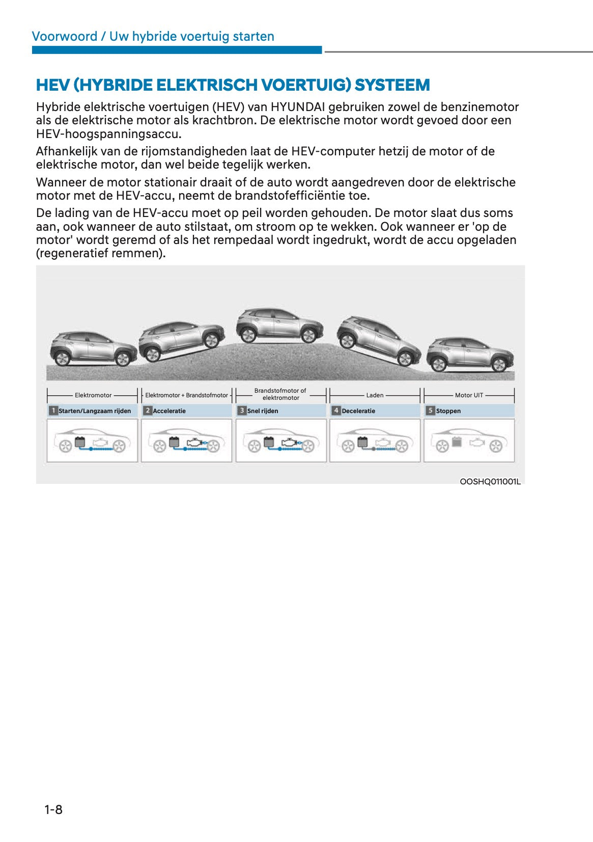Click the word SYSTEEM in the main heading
click(392, 85)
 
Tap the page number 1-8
click(53, 809)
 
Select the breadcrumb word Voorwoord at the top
click(65, 36)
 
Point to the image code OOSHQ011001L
click(490, 481)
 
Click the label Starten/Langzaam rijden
click(95, 411)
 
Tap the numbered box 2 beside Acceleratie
click(148, 411)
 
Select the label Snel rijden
click(263, 411)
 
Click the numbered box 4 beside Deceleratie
click(336, 411)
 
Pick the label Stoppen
click(448, 411)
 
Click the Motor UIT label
click(469, 395)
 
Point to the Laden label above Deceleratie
click(375, 395)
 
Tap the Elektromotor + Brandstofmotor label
click(186, 395)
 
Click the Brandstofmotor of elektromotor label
click(280, 394)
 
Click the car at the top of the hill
click(279, 325)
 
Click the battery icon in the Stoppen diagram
click(457, 442)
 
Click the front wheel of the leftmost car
click(123, 359)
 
